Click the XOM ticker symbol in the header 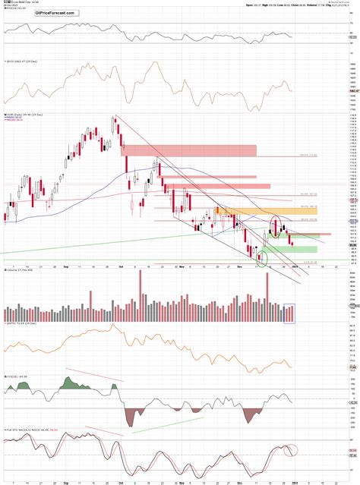pyautogui.click(x=8, y=4)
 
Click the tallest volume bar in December pyautogui.click(x=267, y=294)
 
